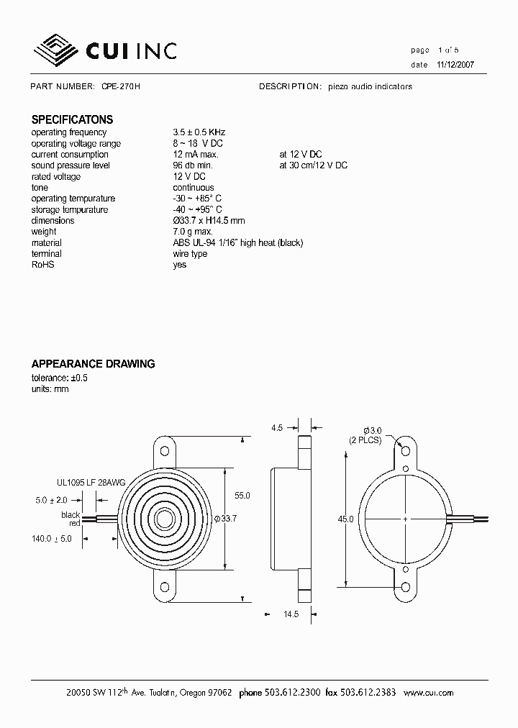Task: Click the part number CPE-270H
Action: click(x=120, y=86)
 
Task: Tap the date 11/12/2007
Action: click(x=455, y=65)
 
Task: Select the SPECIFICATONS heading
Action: click(x=72, y=120)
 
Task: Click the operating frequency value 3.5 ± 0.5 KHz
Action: click(x=199, y=132)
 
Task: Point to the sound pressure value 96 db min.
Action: click(x=193, y=165)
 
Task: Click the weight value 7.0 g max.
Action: click(x=193, y=232)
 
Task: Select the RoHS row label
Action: click(x=43, y=265)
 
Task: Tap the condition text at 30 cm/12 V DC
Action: click(x=313, y=165)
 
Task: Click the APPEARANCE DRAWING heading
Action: click(x=93, y=364)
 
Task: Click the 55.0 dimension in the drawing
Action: click(x=242, y=496)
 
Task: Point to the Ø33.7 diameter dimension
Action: click(x=226, y=519)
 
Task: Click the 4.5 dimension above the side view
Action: click(x=277, y=428)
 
